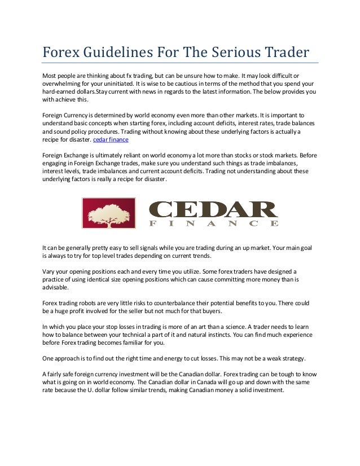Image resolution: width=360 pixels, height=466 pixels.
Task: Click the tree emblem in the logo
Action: coord(108,213)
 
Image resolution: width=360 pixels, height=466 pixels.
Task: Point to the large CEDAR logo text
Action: coord(213,209)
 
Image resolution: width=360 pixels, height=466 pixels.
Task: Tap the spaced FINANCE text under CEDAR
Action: coord(213,223)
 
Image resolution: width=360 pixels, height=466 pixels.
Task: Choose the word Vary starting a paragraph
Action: coord(49,271)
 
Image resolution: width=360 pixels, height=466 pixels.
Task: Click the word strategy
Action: coord(290,358)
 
